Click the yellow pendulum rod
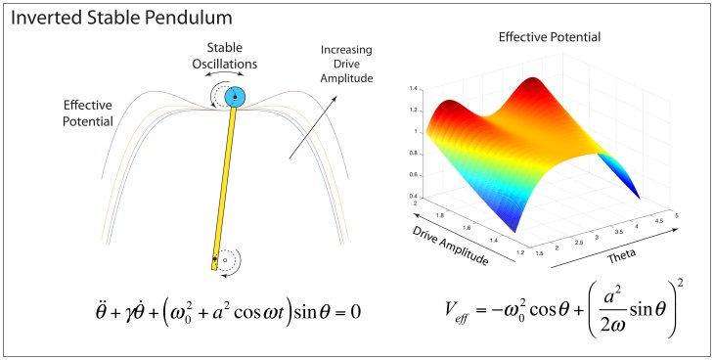[225, 186]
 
